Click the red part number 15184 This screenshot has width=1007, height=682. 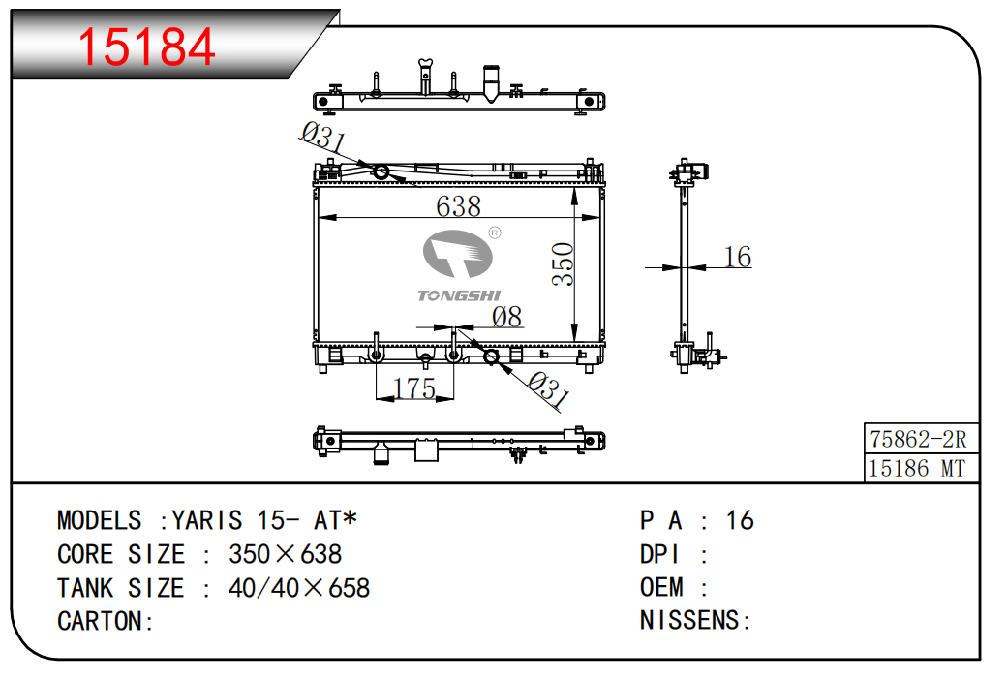[x=146, y=46]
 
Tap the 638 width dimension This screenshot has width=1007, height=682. [x=458, y=206]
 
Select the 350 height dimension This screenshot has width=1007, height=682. [x=563, y=263]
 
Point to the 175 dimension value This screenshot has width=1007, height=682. [x=414, y=388]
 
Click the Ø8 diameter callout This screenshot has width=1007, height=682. [x=506, y=317]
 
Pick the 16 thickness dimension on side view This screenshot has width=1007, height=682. [x=737, y=257]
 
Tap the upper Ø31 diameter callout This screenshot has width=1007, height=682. [x=323, y=137]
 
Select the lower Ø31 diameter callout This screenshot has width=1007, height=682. [x=548, y=389]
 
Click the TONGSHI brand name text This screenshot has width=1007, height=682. [x=459, y=295]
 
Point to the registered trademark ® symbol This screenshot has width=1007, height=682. [x=495, y=232]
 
